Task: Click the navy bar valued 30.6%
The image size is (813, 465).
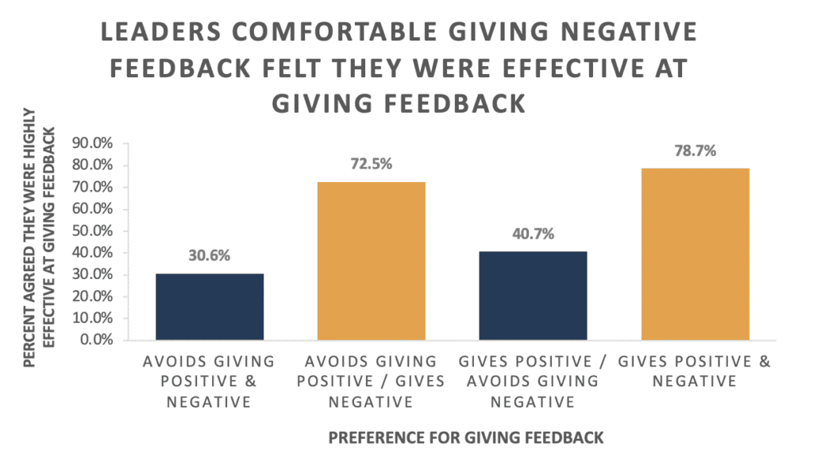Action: pyautogui.click(x=210, y=307)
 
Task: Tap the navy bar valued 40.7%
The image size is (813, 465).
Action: pyautogui.click(x=533, y=296)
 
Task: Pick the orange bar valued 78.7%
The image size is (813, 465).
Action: pyautogui.click(x=695, y=254)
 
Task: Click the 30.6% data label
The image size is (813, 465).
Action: pyautogui.click(x=210, y=257)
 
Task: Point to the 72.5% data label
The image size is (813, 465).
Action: pyautogui.click(x=372, y=165)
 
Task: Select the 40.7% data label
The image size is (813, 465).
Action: pyautogui.click(x=533, y=234)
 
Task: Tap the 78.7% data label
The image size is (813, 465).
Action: pyautogui.click(x=695, y=151)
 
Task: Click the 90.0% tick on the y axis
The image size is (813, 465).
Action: pyautogui.click(x=94, y=144)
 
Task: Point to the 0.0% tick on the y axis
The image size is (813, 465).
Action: pyautogui.click(x=98, y=340)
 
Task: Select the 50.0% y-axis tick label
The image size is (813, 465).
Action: pyautogui.click(x=94, y=231)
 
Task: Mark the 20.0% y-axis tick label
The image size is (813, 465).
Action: pyautogui.click(x=94, y=296)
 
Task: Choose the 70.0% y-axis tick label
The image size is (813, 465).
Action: pyautogui.click(x=94, y=188)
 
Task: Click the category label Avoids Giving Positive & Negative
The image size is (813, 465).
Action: pyautogui.click(x=210, y=382)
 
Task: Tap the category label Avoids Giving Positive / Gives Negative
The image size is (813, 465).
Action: pyautogui.click(x=372, y=382)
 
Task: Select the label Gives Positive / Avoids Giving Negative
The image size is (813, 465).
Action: pyautogui.click(x=533, y=382)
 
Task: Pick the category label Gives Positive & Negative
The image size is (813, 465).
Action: pyautogui.click(x=695, y=371)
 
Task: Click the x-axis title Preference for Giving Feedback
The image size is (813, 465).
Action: pyautogui.click(x=466, y=437)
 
